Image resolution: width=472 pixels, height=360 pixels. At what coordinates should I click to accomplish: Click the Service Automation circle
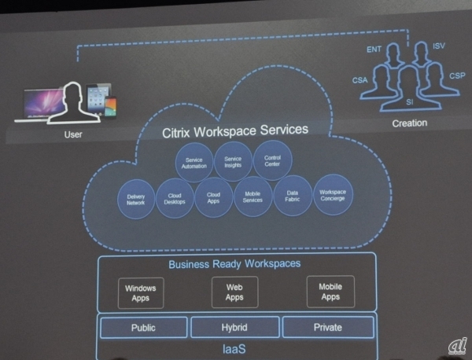pyautogui.click(x=194, y=162)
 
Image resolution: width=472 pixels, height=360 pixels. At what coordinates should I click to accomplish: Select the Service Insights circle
pyautogui.click(x=233, y=161)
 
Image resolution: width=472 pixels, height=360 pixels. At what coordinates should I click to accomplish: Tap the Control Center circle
pyautogui.click(x=272, y=161)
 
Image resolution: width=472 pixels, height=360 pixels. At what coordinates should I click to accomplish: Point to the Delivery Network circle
pyautogui.click(x=136, y=199)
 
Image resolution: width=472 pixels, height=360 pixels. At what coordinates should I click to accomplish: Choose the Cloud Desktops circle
pyautogui.click(x=175, y=197)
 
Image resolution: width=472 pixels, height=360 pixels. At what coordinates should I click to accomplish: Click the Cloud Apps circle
pyautogui.click(x=213, y=197)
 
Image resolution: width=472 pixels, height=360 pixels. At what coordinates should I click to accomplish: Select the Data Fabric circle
pyautogui.click(x=292, y=195)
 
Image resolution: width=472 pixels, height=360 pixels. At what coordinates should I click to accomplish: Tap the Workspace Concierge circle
pyautogui.click(x=332, y=194)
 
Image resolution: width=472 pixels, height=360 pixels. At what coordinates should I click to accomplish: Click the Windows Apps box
pyautogui.click(x=140, y=292)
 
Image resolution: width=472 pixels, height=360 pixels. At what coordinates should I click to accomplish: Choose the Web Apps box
pyautogui.click(x=234, y=292)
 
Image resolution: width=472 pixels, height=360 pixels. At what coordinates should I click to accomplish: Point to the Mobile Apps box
pyautogui.click(x=330, y=292)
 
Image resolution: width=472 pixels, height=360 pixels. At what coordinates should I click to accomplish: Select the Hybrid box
pyautogui.click(x=234, y=327)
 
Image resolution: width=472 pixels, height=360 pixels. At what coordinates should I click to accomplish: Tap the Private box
pyautogui.click(x=326, y=327)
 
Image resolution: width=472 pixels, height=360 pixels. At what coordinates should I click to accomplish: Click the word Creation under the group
pyautogui.click(x=408, y=123)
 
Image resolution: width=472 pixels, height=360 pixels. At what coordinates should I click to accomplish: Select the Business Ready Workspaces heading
pyautogui.click(x=234, y=264)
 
